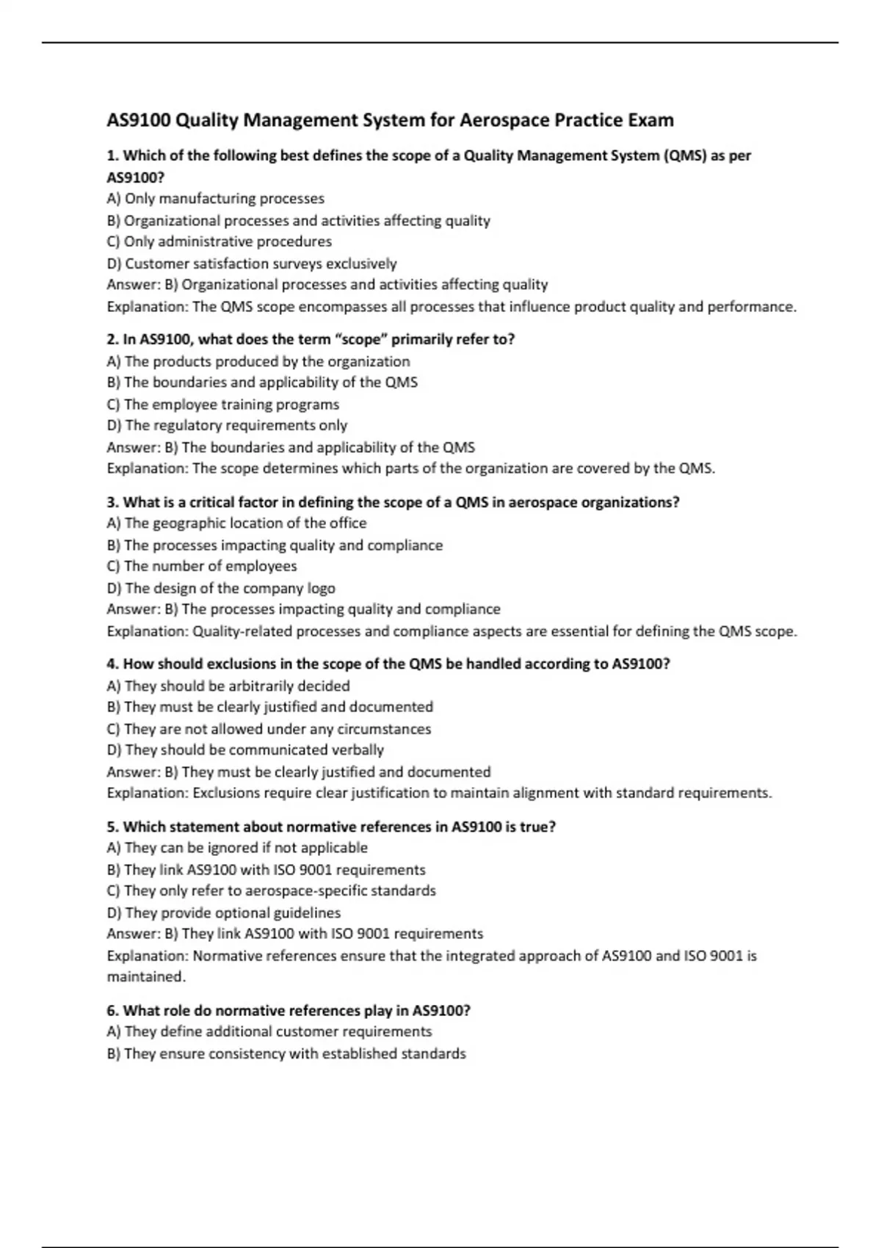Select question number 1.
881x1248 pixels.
coord(112,156)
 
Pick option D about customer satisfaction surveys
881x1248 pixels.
coord(252,264)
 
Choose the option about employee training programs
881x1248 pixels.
coord(223,404)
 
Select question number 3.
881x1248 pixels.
coord(112,502)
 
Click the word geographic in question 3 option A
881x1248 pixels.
coord(190,523)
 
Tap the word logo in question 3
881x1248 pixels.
coord(321,588)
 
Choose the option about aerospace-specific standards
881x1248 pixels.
coord(272,891)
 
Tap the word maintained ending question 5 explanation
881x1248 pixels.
coord(145,977)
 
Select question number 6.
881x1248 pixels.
coord(112,1011)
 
